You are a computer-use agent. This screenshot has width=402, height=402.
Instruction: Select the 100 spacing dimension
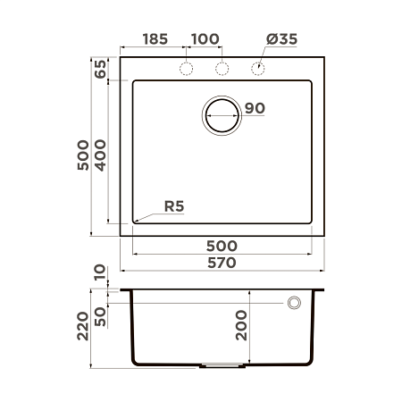click(205, 40)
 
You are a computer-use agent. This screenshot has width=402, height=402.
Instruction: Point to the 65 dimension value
click(100, 69)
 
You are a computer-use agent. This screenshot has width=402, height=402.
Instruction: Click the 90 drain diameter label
click(255, 109)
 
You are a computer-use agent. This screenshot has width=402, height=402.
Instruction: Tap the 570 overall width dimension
click(222, 263)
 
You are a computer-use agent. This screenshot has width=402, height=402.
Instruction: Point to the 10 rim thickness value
click(100, 271)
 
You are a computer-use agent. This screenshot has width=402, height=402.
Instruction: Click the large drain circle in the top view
click(222, 115)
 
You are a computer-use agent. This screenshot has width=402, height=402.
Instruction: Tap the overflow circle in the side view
click(293, 304)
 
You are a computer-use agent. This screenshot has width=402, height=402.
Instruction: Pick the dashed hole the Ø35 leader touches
click(258, 69)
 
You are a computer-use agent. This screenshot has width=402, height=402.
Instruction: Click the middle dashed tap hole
click(222, 69)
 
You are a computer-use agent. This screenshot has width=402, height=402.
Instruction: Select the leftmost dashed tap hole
click(187, 69)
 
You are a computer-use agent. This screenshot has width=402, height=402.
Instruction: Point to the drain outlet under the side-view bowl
click(222, 364)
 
